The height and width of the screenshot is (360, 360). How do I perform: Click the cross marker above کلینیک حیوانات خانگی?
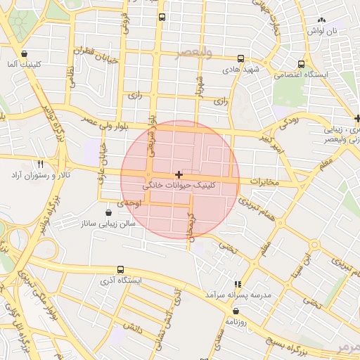click(179, 174)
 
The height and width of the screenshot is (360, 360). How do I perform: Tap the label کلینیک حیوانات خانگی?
click(180, 186)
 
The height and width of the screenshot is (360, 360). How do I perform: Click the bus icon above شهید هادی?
click(241, 59)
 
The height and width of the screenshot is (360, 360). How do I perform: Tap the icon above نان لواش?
click(322, 20)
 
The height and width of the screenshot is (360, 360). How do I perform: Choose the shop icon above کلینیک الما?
click(25, 53)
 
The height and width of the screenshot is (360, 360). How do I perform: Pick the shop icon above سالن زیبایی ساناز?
click(108, 212)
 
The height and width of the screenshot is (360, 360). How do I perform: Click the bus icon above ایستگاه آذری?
click(120, 269)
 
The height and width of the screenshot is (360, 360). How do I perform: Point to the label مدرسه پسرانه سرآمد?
click(238, 295)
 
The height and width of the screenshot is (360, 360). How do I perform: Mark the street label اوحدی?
click(130, 202)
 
